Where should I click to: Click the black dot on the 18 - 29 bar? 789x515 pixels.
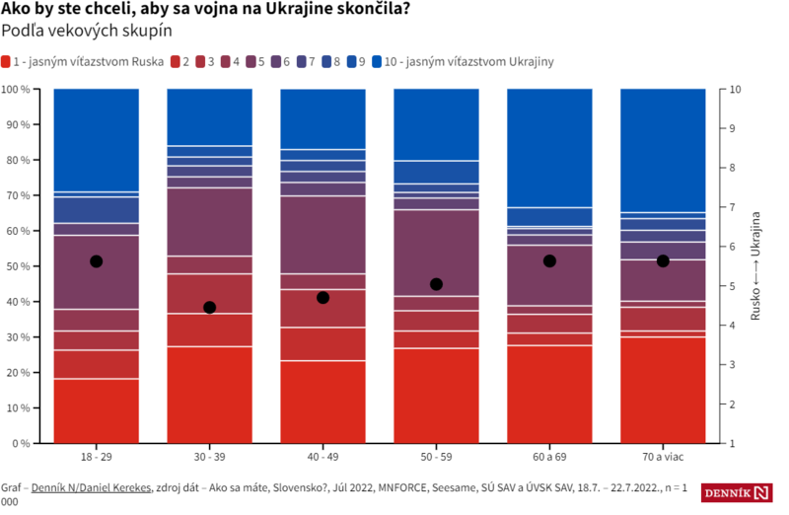click(x=96, y=261)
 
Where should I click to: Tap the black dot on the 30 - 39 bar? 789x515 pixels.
click(x=209, y=308)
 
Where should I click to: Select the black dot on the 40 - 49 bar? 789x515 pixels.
click(x=323, y=297)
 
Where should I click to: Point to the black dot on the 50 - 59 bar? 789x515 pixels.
click(x=436, y=284)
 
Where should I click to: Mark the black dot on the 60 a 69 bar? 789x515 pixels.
click(x=549, y=260)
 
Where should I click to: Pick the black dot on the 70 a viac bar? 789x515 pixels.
click(x=663, y=260)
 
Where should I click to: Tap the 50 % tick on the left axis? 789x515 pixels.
click(x=17, y=266)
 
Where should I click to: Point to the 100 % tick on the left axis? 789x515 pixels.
click(x=15, y=90)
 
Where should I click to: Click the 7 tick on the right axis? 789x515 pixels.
click(x=731, y=207)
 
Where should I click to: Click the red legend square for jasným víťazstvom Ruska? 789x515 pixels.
click(x=7, y=61)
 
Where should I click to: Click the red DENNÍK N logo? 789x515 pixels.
click(x=737, y=492)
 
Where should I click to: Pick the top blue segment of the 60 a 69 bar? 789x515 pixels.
click(x=549, y=148)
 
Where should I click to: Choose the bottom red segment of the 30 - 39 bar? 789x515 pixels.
click(x=209, y=395)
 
